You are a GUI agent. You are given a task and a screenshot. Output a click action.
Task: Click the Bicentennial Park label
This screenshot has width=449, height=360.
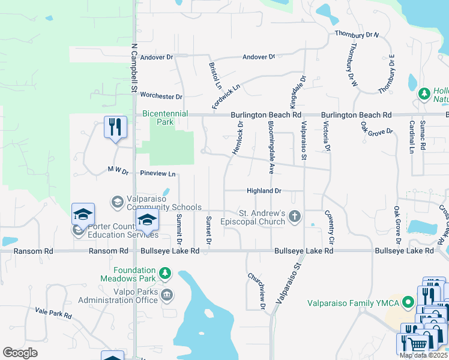[x=165, y=118]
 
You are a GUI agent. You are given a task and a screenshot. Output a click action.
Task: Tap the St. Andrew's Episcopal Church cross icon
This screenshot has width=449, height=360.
[x=294, y=216]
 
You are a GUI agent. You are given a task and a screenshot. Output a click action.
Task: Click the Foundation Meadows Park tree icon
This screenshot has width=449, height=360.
[x=165, y=274]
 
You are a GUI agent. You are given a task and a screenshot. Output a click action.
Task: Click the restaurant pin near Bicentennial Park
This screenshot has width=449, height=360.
[x=115, y=127]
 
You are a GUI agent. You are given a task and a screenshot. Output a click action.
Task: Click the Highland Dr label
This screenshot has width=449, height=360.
[x=264, y=191]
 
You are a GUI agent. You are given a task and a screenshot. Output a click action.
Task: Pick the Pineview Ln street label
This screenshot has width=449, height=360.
[x=158, y=174]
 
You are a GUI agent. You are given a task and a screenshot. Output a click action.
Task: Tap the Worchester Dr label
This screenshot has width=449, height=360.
[x=161, y=97]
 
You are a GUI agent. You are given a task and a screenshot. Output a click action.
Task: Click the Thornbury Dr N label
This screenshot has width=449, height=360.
[x=357, y=34]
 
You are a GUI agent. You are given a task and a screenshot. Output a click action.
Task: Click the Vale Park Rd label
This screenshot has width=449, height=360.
[x=53, y=312]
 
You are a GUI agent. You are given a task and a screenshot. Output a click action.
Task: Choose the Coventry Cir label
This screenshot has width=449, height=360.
[x=330, y=226]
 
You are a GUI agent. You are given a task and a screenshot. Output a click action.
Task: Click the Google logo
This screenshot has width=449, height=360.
[x=20, y=353]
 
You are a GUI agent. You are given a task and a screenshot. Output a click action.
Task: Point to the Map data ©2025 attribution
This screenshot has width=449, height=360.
[x=423, y=355]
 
